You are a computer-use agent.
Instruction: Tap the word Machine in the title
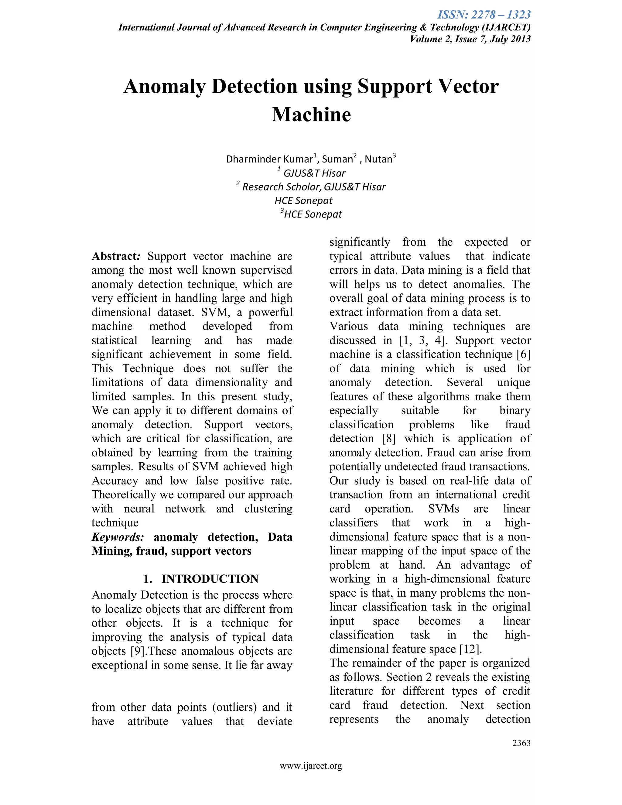[311, 114]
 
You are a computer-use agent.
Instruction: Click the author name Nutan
[378, 159]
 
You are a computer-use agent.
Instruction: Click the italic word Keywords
[118, 537]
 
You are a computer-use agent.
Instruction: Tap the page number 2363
[521, 743]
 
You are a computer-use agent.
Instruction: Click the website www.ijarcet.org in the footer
[311, 766]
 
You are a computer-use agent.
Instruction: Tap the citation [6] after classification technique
[523, 354]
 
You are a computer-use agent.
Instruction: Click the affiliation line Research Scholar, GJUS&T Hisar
[313, 187]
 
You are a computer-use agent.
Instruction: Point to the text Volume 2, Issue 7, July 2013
[470, 39]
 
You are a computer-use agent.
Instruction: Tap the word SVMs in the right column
[444, 509]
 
